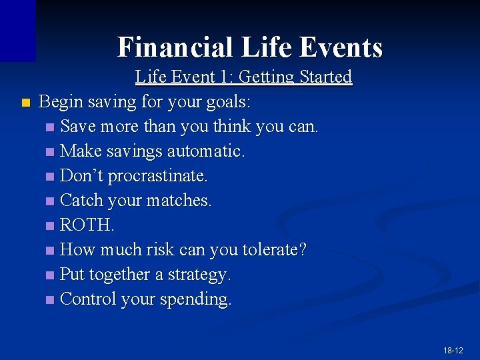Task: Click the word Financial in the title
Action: point(175,47)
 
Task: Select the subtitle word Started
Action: point(326,77)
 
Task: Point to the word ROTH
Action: point(87,225)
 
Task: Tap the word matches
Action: point(183,201)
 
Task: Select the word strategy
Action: point(201,275)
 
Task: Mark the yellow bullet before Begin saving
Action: point(25,103)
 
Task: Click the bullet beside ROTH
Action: point(51,226)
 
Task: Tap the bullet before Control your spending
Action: point(51,300)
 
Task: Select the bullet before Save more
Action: point(51,127)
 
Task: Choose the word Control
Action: point(87,299)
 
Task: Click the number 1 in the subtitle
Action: point(223,77)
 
